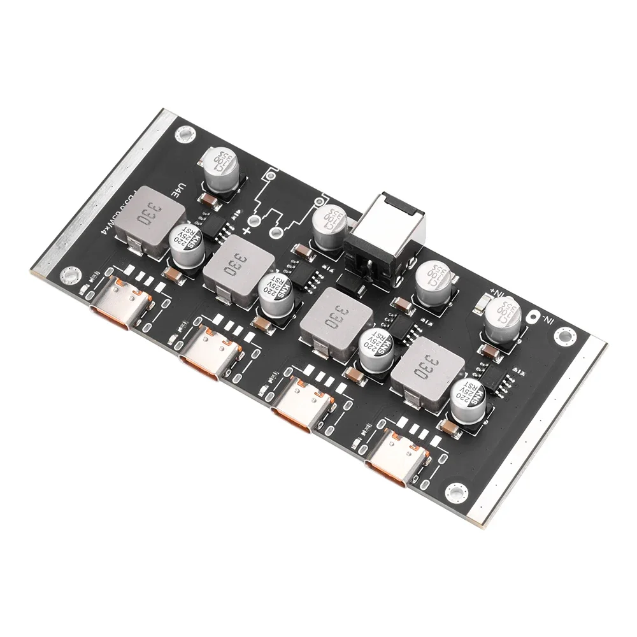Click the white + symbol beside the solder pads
(246, 229)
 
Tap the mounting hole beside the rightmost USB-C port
(455, 490)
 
